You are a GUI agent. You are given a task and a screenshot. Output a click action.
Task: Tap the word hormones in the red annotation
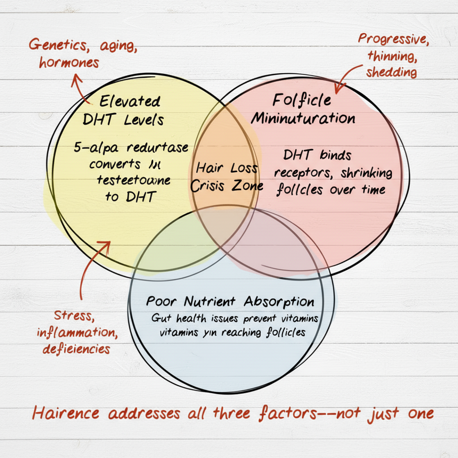68,63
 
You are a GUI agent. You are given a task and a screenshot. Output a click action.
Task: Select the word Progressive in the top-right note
393,40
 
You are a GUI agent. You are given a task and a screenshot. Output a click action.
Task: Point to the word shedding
391,72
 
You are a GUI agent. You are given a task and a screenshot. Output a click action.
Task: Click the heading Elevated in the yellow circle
129,102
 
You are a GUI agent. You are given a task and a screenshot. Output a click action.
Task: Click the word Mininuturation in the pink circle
303,119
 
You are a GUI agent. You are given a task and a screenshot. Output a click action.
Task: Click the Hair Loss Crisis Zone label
227,177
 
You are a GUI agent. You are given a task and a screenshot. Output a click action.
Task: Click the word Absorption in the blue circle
278,301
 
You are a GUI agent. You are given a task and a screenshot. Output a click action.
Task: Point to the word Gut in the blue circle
158,318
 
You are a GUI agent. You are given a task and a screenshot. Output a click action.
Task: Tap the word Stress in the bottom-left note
74,315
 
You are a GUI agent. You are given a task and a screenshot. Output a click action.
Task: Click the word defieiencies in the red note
76,348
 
